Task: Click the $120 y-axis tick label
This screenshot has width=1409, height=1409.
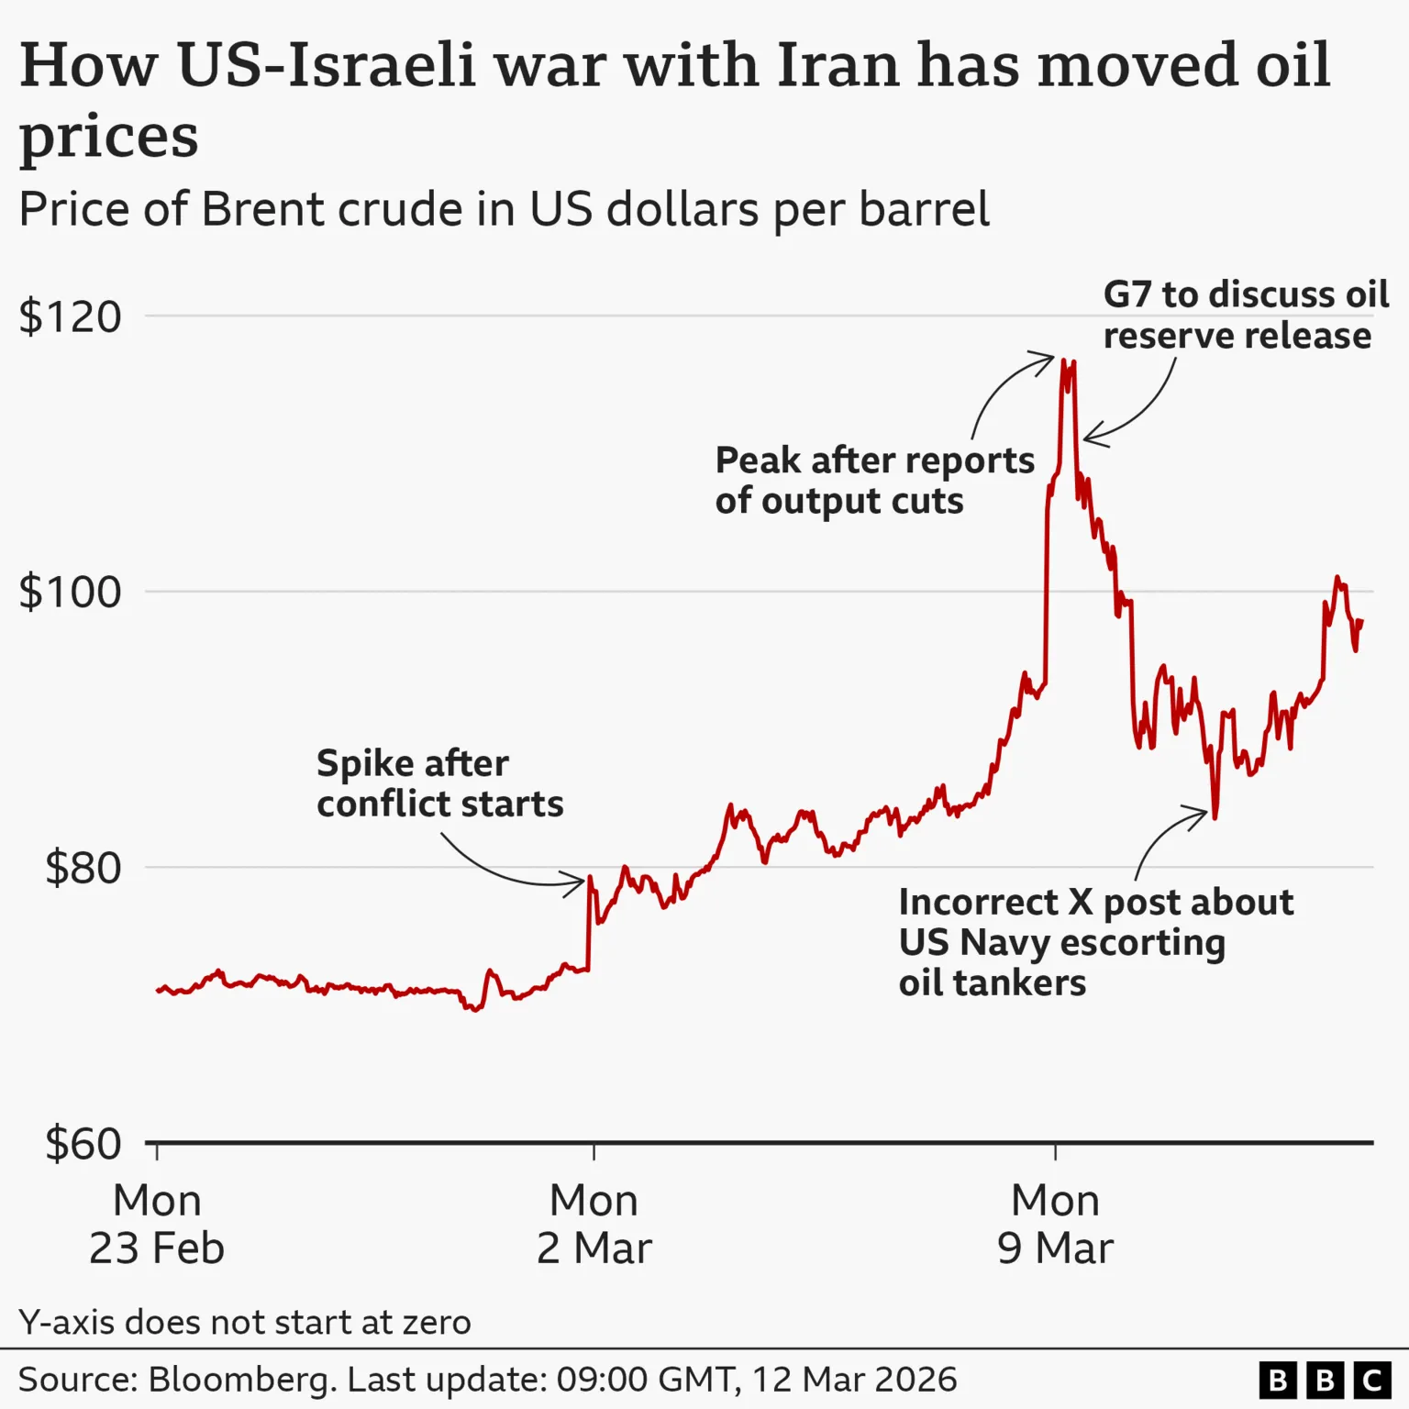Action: tap(71, 317)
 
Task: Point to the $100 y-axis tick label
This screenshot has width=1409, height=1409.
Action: tap(71, 593)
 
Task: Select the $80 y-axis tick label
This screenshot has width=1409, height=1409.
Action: tap(83, 868)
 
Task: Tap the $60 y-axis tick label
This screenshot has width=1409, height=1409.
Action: tap(83, 1144)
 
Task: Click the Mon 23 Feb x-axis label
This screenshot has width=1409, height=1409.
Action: tap(157, 1224)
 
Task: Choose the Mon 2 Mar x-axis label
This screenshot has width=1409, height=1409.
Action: tap(594, 1224)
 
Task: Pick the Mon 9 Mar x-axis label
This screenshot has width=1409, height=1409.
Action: tap(1055, 1224)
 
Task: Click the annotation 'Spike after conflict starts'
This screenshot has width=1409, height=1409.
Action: tap(439, 783)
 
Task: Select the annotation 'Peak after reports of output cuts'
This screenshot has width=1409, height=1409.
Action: tap(874, 481)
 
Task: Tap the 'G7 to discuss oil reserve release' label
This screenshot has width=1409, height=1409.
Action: tap(1245, 315)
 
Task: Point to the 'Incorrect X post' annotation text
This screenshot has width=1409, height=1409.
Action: tap(1095, 942)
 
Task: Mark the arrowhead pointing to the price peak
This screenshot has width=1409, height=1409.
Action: tap(1048, 357)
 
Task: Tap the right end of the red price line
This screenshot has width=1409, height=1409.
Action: tap(1362, 622)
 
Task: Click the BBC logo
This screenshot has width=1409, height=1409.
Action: tap(1325, 1380)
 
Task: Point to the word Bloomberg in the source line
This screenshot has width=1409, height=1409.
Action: tap(241, 1380)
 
